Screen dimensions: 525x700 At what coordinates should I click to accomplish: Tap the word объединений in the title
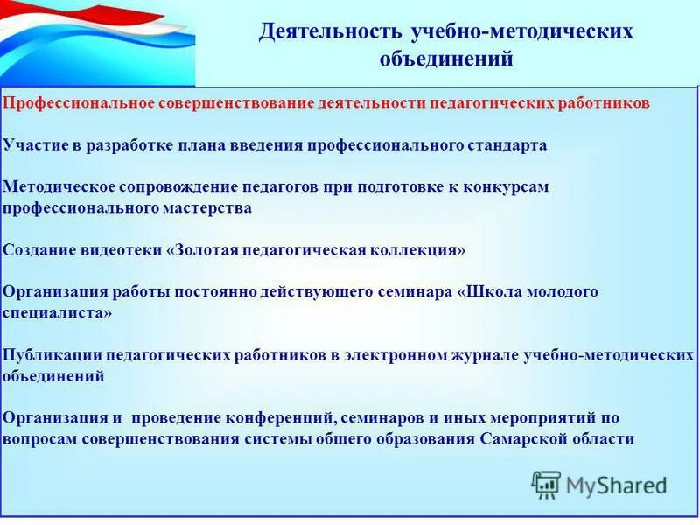[446, 59]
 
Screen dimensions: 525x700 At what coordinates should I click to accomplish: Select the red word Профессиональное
[78, 102]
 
